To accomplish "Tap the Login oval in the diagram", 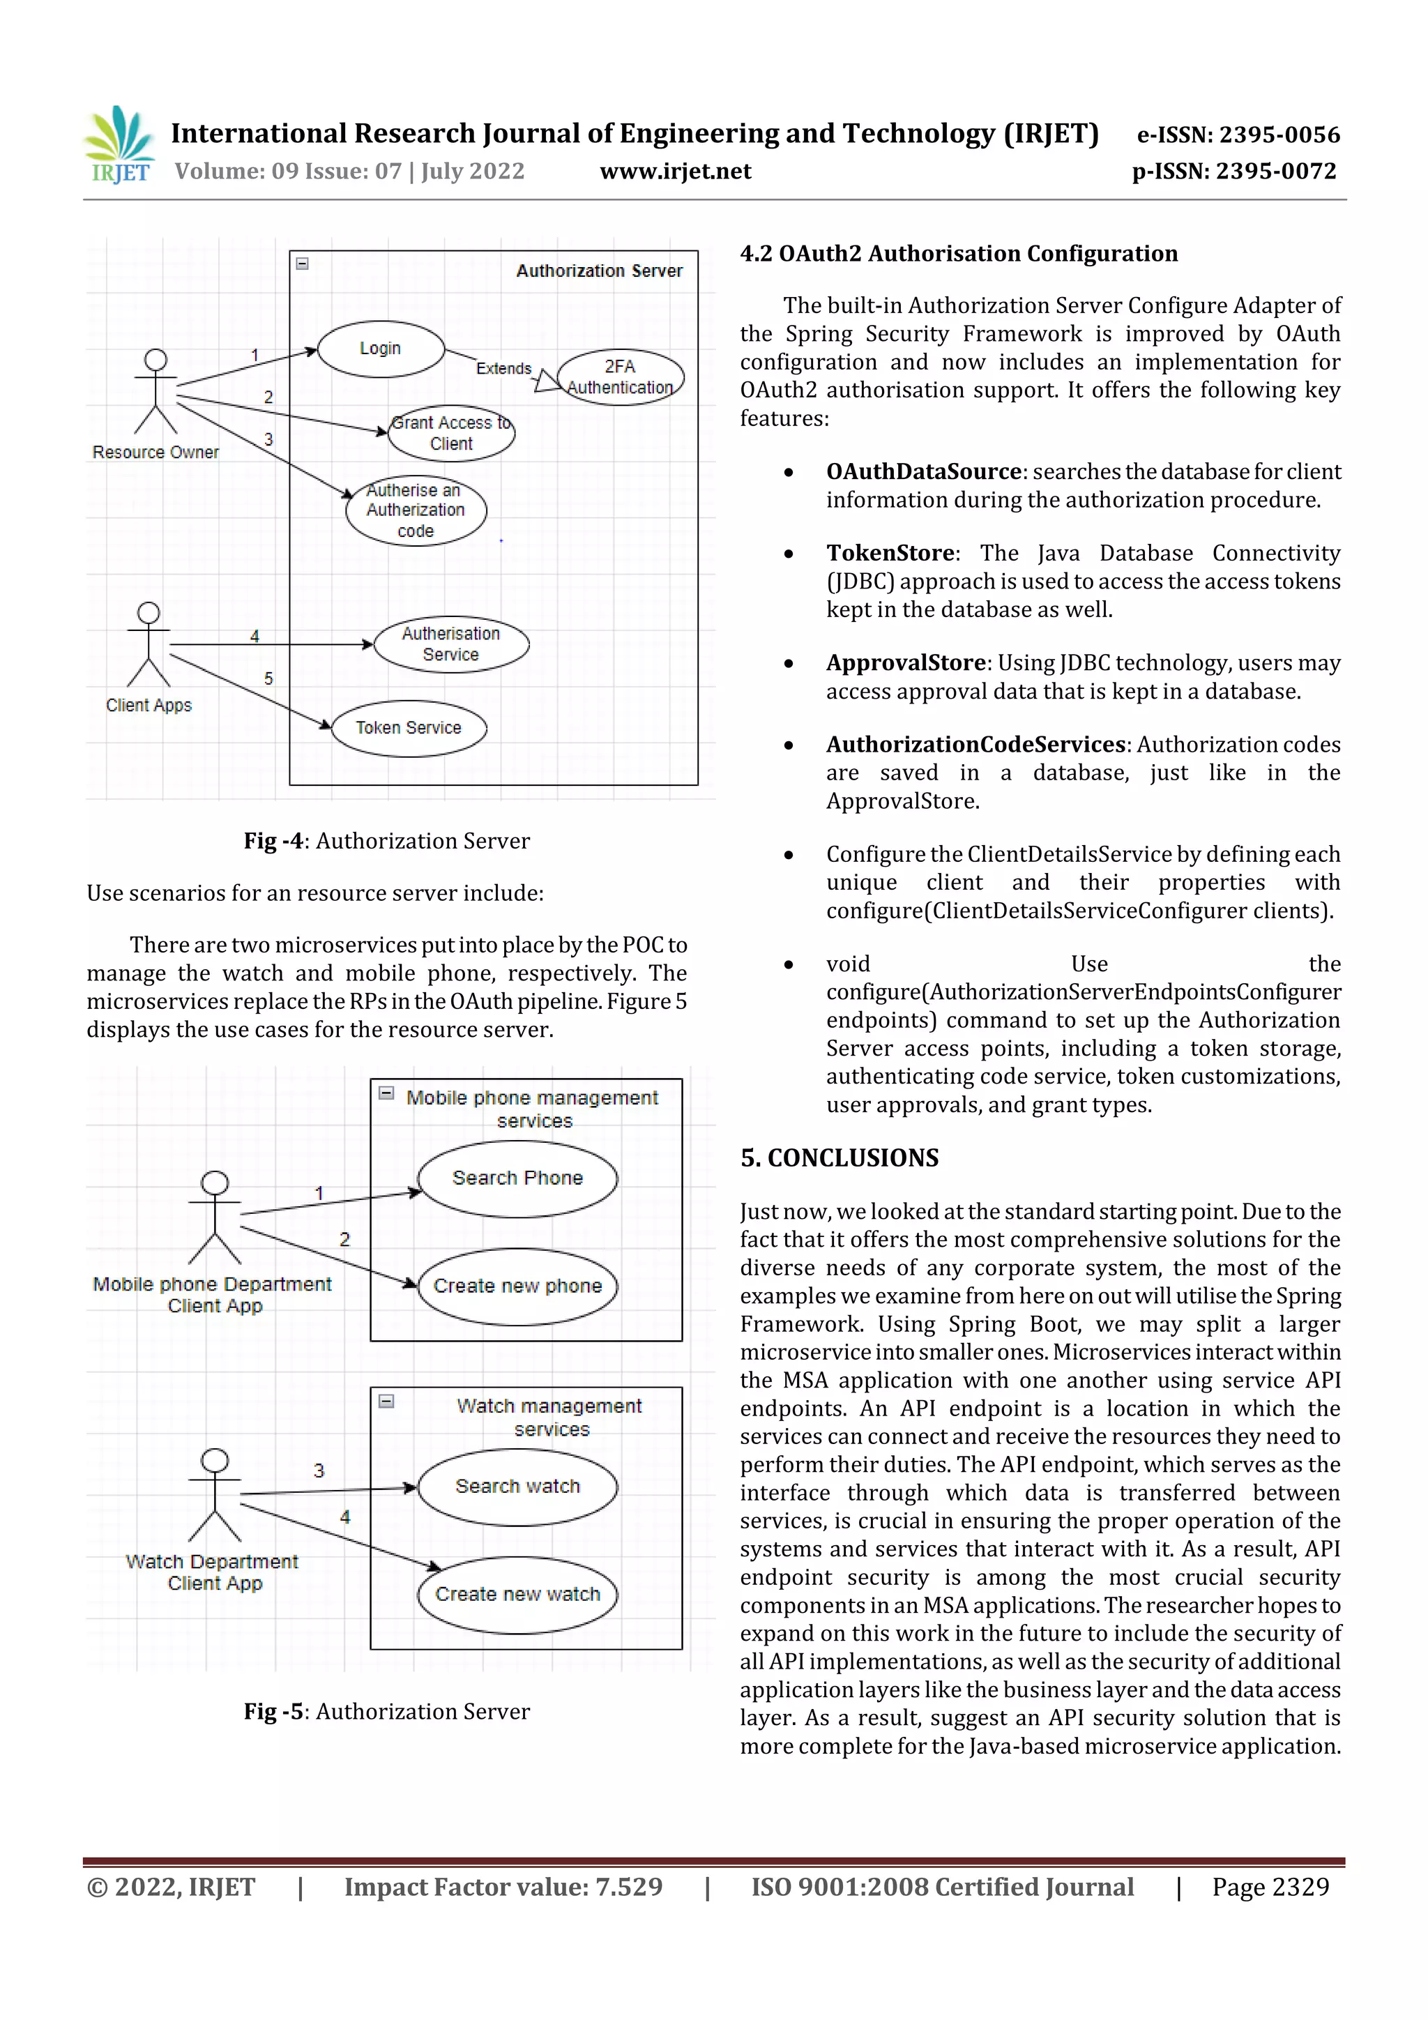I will coord(380,349).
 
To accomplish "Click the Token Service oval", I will coord(409,727).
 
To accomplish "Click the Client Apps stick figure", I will coord(149,644).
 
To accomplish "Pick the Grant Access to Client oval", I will coord(450,433).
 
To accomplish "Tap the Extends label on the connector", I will coord(503,367).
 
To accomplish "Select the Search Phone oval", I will coord(517,1178).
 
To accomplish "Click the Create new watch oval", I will coord(517,1594).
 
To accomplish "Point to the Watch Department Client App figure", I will coord(215,1496).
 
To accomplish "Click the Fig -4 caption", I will coord(386,841).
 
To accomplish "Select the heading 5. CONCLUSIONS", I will coord(839,1157).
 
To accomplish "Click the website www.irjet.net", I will coord(675,171).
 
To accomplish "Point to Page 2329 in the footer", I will coord(1270,1886).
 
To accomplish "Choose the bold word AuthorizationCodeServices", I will coord(975,744).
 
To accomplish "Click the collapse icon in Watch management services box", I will coord(386,1401).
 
